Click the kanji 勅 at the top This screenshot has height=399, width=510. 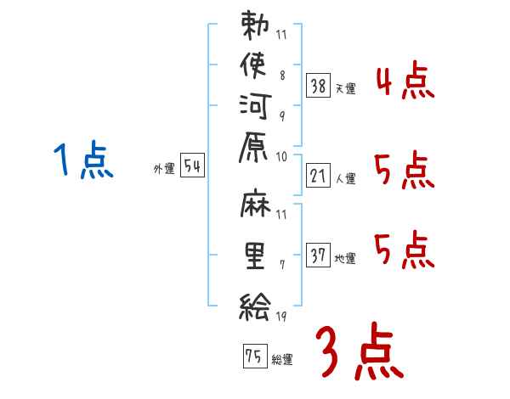click(255, 25)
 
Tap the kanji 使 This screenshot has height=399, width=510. click(253, 65)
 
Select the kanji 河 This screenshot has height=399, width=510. click(256, 106)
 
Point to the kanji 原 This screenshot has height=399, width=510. click(253, 147)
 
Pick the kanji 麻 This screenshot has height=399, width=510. click(256, 203)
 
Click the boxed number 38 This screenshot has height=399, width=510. click(318, 86)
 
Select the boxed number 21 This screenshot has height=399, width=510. click(318, 176)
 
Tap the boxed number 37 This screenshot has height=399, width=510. click(318, 255)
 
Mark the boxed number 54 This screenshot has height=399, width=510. click(192, 165)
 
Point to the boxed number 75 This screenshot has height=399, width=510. click(255, 356)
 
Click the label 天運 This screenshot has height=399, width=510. click(346, 88)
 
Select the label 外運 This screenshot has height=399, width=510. click(164, 169)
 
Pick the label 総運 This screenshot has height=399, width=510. click(282, 359)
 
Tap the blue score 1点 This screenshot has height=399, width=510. click(83, 160)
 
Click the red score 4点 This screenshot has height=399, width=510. click(405, 81)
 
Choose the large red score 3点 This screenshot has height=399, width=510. click(360, 351)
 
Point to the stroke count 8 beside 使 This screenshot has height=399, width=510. click(282, 75)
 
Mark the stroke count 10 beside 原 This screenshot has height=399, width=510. click(281, 157)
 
